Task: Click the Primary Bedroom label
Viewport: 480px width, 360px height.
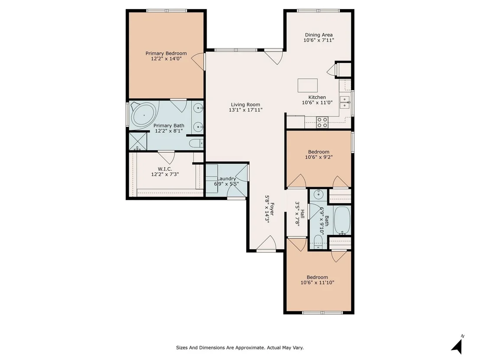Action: click(x=166, y=53)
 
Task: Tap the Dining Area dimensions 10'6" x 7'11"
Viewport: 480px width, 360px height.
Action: click(x=319, y=40)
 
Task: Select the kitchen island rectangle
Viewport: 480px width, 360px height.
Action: click(x=308, y=85)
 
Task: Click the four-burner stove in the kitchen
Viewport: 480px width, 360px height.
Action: click(x=322, y=123)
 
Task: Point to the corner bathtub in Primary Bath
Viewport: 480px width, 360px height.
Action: click(x=143, y=115)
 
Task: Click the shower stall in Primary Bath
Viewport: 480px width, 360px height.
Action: click(x=138, y=141)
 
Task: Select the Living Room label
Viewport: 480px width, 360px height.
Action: click(x=246, y=105)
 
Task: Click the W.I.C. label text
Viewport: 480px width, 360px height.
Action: click(x=165, y=169)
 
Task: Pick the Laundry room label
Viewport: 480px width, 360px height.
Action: click(x=227, y=179)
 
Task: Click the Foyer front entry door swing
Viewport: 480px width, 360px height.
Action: click(x=266, y=243)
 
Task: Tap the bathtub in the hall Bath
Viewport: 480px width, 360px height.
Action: click(x=342, y=220)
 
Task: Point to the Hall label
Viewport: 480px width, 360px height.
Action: click(x=302, y=214)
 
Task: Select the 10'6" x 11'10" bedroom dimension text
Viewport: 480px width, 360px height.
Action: click(x=318, y=282)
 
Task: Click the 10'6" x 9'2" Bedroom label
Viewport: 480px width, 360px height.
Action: click(x=319, y=152)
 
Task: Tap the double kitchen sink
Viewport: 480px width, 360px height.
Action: click(x=345, y=102)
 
